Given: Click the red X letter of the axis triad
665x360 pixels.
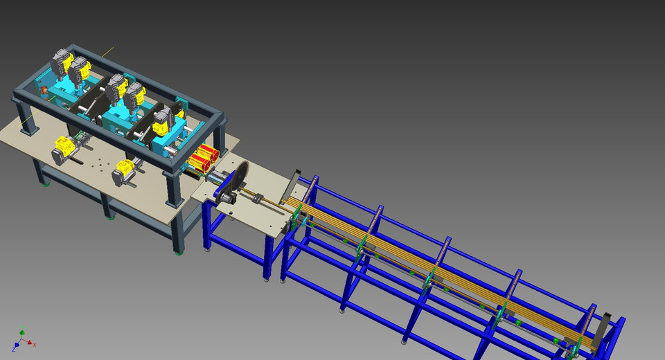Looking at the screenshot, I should click(35, 345).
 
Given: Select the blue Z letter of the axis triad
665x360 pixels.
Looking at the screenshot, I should click(13, 349).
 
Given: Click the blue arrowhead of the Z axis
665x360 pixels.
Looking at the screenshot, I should click(17, 344).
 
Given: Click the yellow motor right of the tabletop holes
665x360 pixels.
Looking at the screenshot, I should click(125, 170).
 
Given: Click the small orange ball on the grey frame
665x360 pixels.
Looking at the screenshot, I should click(44, 90).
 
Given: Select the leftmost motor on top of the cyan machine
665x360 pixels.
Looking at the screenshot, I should click(62, 61).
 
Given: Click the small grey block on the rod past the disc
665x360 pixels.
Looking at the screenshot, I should click(257, 199).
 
